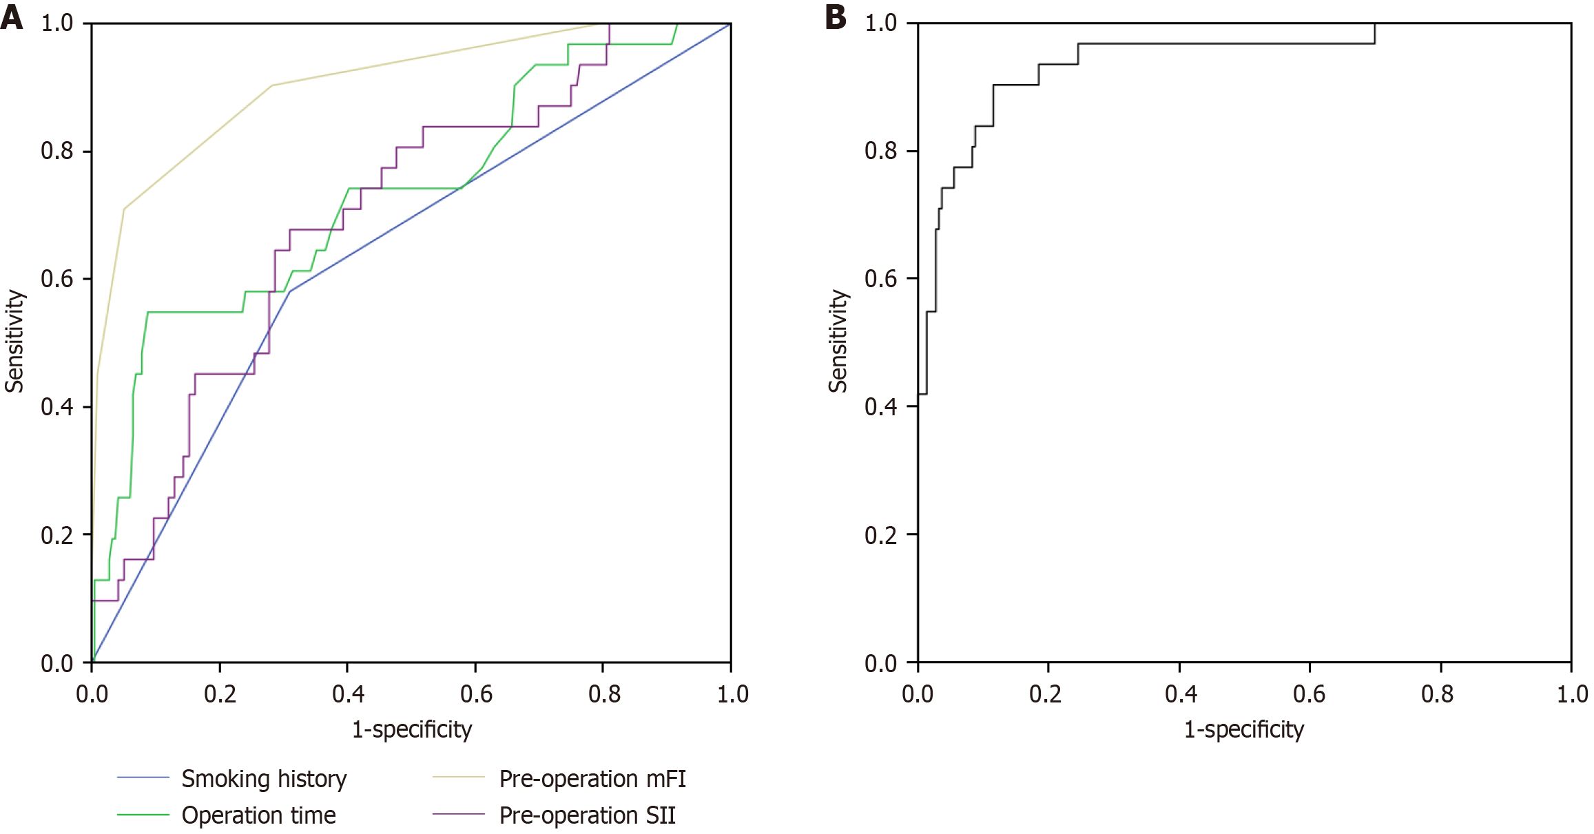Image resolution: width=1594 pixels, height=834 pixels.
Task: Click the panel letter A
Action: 12,17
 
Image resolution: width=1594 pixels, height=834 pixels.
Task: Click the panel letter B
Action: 835,17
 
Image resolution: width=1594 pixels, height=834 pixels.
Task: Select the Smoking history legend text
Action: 264,779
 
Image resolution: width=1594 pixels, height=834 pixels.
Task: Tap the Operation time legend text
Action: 258,815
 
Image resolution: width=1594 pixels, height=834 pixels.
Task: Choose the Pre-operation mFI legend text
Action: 592,779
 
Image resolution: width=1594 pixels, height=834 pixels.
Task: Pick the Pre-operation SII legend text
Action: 587,815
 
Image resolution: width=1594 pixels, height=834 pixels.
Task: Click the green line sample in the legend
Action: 143,815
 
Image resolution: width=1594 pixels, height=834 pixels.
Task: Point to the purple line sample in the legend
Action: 459,815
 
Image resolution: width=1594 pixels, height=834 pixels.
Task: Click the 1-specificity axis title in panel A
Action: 412,729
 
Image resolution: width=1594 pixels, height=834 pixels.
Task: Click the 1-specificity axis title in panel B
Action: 1244,729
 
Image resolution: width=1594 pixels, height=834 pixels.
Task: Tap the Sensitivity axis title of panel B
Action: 838,342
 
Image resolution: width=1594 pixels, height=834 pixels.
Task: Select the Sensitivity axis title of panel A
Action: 14,342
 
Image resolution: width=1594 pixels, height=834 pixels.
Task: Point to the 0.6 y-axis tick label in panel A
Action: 56,279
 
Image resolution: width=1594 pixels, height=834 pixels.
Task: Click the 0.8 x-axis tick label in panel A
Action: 604,694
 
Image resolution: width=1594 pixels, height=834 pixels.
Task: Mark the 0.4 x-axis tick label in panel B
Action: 1181,694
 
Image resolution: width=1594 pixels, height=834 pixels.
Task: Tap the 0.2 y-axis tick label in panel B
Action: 880,535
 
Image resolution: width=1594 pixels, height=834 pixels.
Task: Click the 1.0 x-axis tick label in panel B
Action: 1572,694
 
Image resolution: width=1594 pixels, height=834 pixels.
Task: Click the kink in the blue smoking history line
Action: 290,291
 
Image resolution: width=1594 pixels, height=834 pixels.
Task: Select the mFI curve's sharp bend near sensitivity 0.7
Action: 124,209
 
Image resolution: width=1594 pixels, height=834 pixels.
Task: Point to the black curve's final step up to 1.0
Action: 1375,33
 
